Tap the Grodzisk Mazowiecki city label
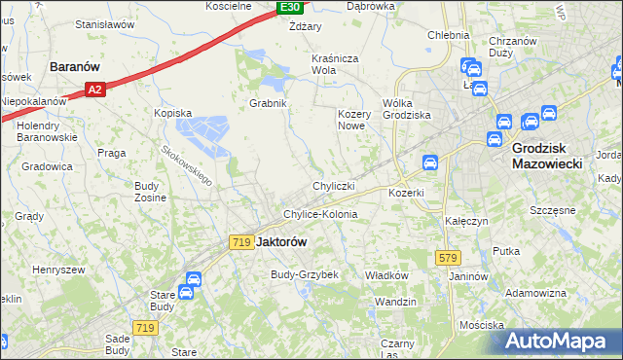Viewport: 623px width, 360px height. point(546,157)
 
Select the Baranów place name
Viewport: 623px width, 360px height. point(76,68)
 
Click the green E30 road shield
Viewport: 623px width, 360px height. point(289,8)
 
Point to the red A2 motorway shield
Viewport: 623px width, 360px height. point(93,90)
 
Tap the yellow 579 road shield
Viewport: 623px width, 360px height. point(447,257)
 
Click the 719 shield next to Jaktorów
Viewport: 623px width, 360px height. point(242,241)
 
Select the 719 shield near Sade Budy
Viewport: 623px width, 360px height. point(146,328)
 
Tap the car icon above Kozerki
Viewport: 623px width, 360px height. point(429,162)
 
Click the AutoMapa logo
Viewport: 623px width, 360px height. point(560,342)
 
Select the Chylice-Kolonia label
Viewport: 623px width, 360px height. point(320,214)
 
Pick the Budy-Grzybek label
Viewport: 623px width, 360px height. point(304,275)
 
